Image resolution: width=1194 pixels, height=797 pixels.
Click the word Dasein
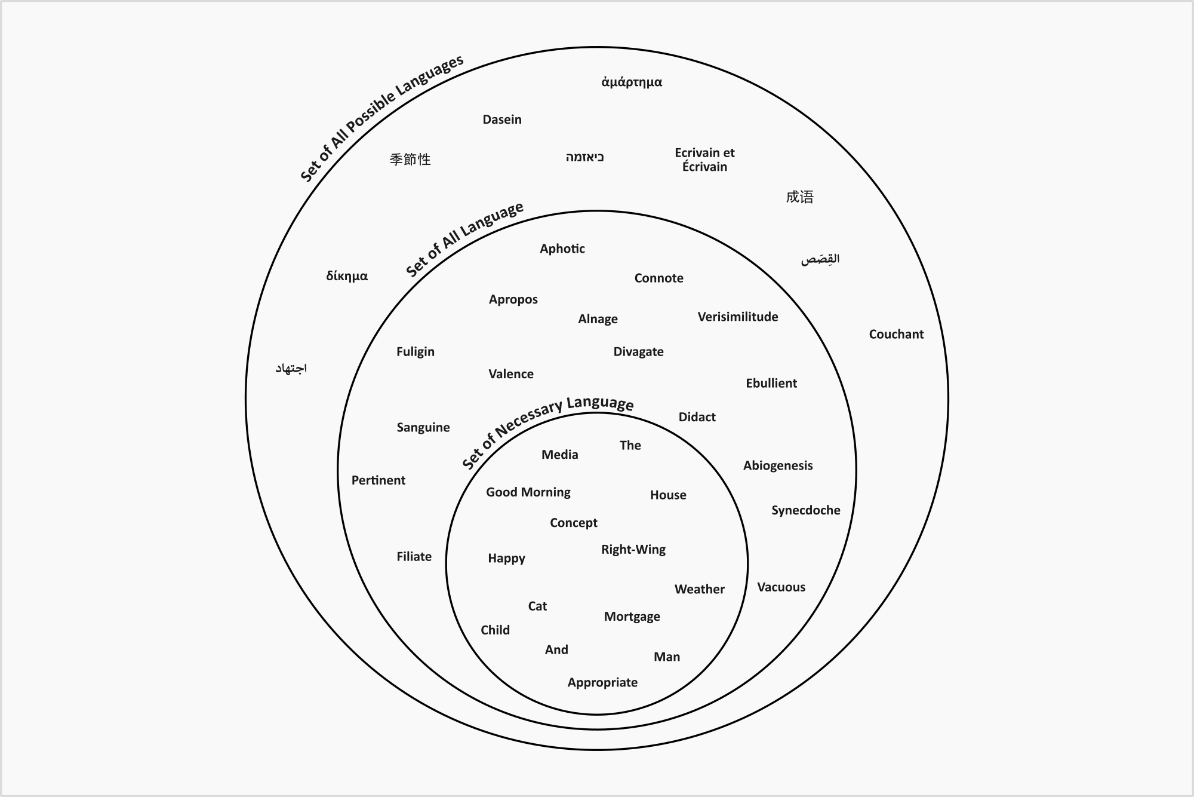point(502,119)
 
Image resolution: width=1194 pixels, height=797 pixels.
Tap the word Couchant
point(896,334)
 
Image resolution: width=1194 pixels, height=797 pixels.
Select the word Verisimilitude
point(738,317)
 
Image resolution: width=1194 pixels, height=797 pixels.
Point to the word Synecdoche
point(805,510)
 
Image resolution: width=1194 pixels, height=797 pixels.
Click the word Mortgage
point(632,617)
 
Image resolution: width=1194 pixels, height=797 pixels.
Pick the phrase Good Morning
point(528,492)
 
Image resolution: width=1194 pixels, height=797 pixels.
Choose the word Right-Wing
point(633,550)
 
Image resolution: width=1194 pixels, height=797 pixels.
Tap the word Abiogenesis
point(778,465)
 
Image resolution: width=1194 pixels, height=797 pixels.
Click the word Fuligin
point(416,352)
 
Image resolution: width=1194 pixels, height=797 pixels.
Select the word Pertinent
point(378,480)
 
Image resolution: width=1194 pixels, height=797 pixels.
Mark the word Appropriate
point(602,682)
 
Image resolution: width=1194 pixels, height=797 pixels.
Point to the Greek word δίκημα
point(347,276)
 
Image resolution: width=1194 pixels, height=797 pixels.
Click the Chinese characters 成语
point(799,197)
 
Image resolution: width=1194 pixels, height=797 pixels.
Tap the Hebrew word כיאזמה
point(585,158)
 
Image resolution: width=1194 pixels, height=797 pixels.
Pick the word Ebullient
point(771,384)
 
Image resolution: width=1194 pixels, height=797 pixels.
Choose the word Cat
point(537,606)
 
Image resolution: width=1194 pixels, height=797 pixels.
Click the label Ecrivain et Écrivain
point(704,160)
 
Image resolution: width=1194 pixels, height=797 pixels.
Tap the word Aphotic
point(562,249)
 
